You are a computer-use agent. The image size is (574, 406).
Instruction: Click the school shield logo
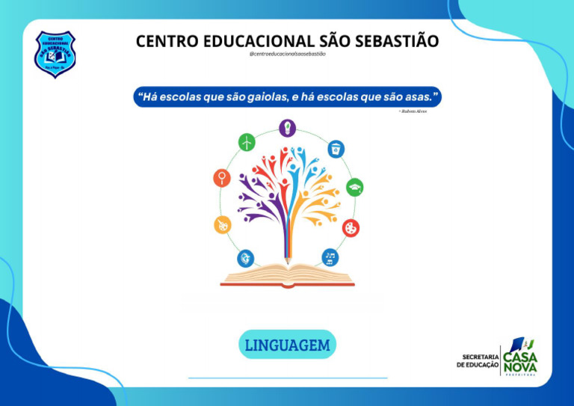[55, 54]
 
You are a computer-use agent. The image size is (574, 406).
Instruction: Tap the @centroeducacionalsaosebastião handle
[287, 55]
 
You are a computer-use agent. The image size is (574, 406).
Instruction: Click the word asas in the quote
[416, 97]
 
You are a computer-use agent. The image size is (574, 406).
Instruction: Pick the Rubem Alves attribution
[414, 111]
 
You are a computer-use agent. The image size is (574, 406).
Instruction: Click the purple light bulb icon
[288, 128]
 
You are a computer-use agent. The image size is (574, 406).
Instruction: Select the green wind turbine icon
[247, 141]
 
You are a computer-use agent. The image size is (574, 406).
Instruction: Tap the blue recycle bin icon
[336, 148]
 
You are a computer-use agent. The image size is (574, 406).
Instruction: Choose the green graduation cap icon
[354, 187]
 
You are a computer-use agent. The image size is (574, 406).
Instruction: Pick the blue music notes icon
[330, 258]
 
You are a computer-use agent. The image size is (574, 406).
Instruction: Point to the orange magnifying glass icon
[222, 178]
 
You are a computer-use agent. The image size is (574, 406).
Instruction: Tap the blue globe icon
[245, 259]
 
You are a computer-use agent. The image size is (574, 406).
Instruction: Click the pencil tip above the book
[287, 259]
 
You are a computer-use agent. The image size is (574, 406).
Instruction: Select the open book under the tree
[287, 275]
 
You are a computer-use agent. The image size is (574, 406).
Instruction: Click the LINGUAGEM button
[287, 345]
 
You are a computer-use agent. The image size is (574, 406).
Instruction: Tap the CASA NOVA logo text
[519, 361]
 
